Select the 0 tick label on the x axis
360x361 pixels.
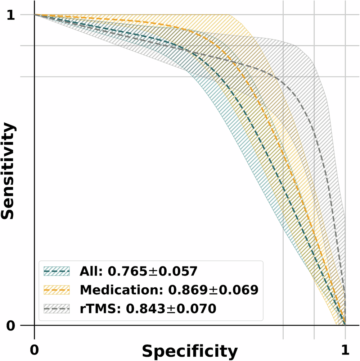point(34,349)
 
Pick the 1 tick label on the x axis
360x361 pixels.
point(345,349)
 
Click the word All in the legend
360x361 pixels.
point(89,271)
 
